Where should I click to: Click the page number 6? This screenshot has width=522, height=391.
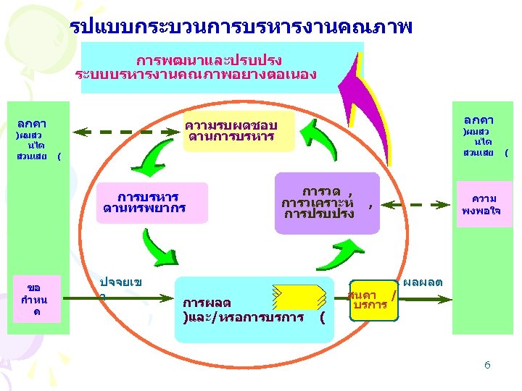pyautogui.click(x=487, y=365)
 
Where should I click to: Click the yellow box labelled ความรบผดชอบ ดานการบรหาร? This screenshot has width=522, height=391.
pyautogui.click(x=240, y=131)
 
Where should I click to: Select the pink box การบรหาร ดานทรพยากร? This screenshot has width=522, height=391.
pyautogui.click(x=154, y=203)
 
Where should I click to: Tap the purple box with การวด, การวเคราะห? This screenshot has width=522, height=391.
pyautogui.click(x=327, y=203)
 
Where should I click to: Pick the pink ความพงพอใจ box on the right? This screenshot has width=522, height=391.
pyautogui.click(x=484, y=204)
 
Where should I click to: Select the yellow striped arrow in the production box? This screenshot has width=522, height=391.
pyautogui.click(x=297, y=297)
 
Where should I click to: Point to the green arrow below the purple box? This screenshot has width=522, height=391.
pyautogui.click(x=347, y=253)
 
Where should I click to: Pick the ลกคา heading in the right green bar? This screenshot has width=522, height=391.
pyautogui.click(x=478, y=119)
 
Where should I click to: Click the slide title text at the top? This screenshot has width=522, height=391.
pyautogui.click(x=242, y=28)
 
